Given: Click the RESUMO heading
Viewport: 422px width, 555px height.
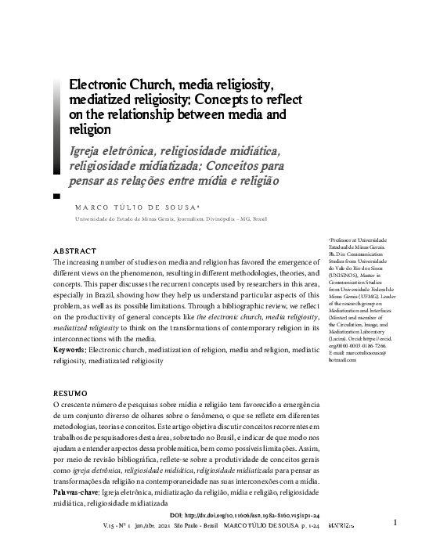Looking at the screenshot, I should (70, 390).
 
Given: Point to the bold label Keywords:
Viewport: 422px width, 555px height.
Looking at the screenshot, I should (70, 351).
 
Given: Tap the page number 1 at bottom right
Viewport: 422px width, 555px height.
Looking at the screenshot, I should (395, 523).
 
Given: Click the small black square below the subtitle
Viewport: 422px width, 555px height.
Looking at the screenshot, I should (56, 196).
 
